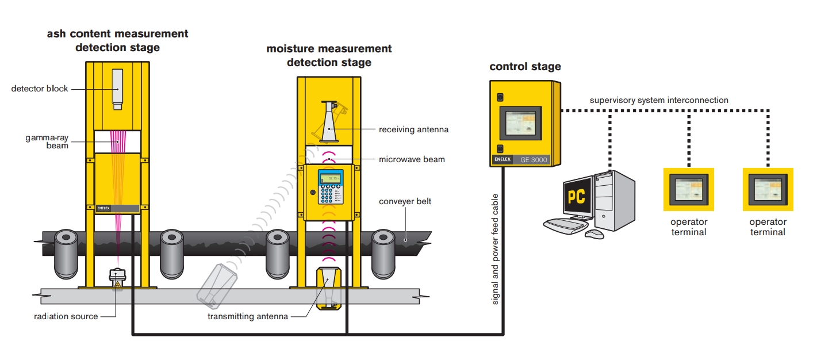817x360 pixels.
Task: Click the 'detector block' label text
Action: (x=40, y=89)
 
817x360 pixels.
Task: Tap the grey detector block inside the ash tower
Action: (x=118, y=89)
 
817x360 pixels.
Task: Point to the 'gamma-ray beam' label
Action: (x=47, y=141)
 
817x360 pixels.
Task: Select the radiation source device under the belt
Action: (x=117, y=278)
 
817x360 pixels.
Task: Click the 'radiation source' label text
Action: (x=66, y=316)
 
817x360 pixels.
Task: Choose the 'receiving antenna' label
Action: (x=413, y=129)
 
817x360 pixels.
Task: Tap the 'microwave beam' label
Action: (x=412, y=159)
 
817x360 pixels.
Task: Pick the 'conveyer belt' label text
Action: (x=405, y=201)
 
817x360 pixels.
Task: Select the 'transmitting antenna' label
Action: (x=248, y=316)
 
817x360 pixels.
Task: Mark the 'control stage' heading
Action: (x=525, y=67)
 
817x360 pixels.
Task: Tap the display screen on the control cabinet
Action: (x=520, y=123)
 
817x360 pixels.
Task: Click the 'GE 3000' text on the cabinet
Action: (x=534, y=160)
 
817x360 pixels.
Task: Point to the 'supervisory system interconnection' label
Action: (x=659, y=100)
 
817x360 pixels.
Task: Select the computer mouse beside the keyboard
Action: (x=594, y=233)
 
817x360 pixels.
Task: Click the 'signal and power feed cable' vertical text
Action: (x=496, y=248)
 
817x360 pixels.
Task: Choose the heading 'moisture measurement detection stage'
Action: (x=329, y=55)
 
